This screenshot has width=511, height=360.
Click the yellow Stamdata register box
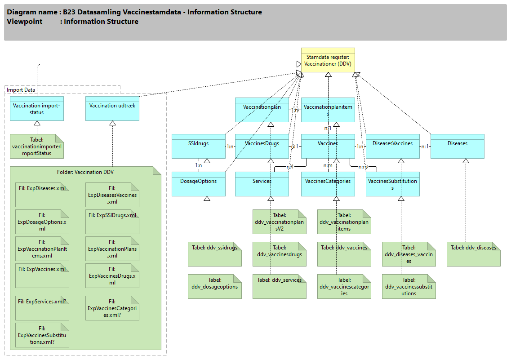coord(328,60)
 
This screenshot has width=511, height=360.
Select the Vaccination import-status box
coord(37,108)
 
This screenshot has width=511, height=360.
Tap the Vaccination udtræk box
coord(112,108)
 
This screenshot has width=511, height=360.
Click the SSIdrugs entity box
coord(198,146)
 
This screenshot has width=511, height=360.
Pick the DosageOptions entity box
coord(198,184)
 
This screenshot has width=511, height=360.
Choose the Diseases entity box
coord(457,146)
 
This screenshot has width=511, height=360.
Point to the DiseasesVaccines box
coord(392,146)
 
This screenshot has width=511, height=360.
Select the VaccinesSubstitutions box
coord(392,184)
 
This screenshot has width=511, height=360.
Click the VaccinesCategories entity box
coord(328,184)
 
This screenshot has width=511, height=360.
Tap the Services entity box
coord(262,184)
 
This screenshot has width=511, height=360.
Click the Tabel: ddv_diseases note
coord(473,254)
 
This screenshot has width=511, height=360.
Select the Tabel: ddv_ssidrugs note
coord(214,254)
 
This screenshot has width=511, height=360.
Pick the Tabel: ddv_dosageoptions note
coord(214,286)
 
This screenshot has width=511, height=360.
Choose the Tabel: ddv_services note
coord(279,286)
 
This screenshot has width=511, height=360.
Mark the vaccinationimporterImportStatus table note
coord(37,146)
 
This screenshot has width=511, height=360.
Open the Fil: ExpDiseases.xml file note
coord(42,195)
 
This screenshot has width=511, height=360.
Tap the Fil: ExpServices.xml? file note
coord(42,308)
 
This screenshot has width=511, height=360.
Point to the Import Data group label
coord(21,90)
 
